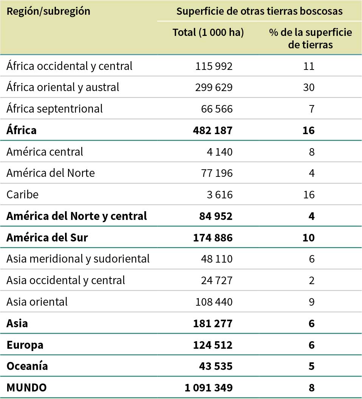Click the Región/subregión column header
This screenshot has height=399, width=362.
pyautogui.click(x=48, y=11)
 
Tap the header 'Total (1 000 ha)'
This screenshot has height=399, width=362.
pyautogui.click(x=208, y=32)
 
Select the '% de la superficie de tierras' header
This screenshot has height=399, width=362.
pyautogui.click(x=310, y=38)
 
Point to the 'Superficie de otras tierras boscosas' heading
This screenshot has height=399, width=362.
pyautogui.click(x=259, y=11)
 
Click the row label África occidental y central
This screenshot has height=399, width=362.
pyautogui.click(x=70, y=66)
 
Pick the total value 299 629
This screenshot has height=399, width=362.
pyautogui.click(x=214, y=87)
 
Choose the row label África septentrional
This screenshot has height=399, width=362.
pyautogui.click(x=54, y=109)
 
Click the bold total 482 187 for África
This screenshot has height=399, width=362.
pyautogui.click(x=213, y=130)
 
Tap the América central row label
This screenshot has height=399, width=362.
pyautogui.click(x=45, y=152)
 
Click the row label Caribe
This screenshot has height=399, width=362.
pyautogui.click(x=22, y=195)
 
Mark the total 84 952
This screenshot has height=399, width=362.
pyautogui.click(x=216, y=216)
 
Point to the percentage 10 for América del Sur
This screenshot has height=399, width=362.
pyautogui.click(x=308, y=238)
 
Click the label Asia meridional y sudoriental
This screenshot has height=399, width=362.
pyautogui.click(x=78, y=259)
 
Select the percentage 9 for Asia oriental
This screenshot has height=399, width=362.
pyautogui.click(x=311, y=302)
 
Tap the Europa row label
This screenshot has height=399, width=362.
pyautogui.click(x=25, y=345)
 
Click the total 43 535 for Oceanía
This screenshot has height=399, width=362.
pyautogui.click(x=216, y=366)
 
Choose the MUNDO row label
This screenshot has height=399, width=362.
pyautogui.click(x=26, y=388)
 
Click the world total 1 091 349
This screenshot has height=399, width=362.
pyautogui.click(x=209, y=388)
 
